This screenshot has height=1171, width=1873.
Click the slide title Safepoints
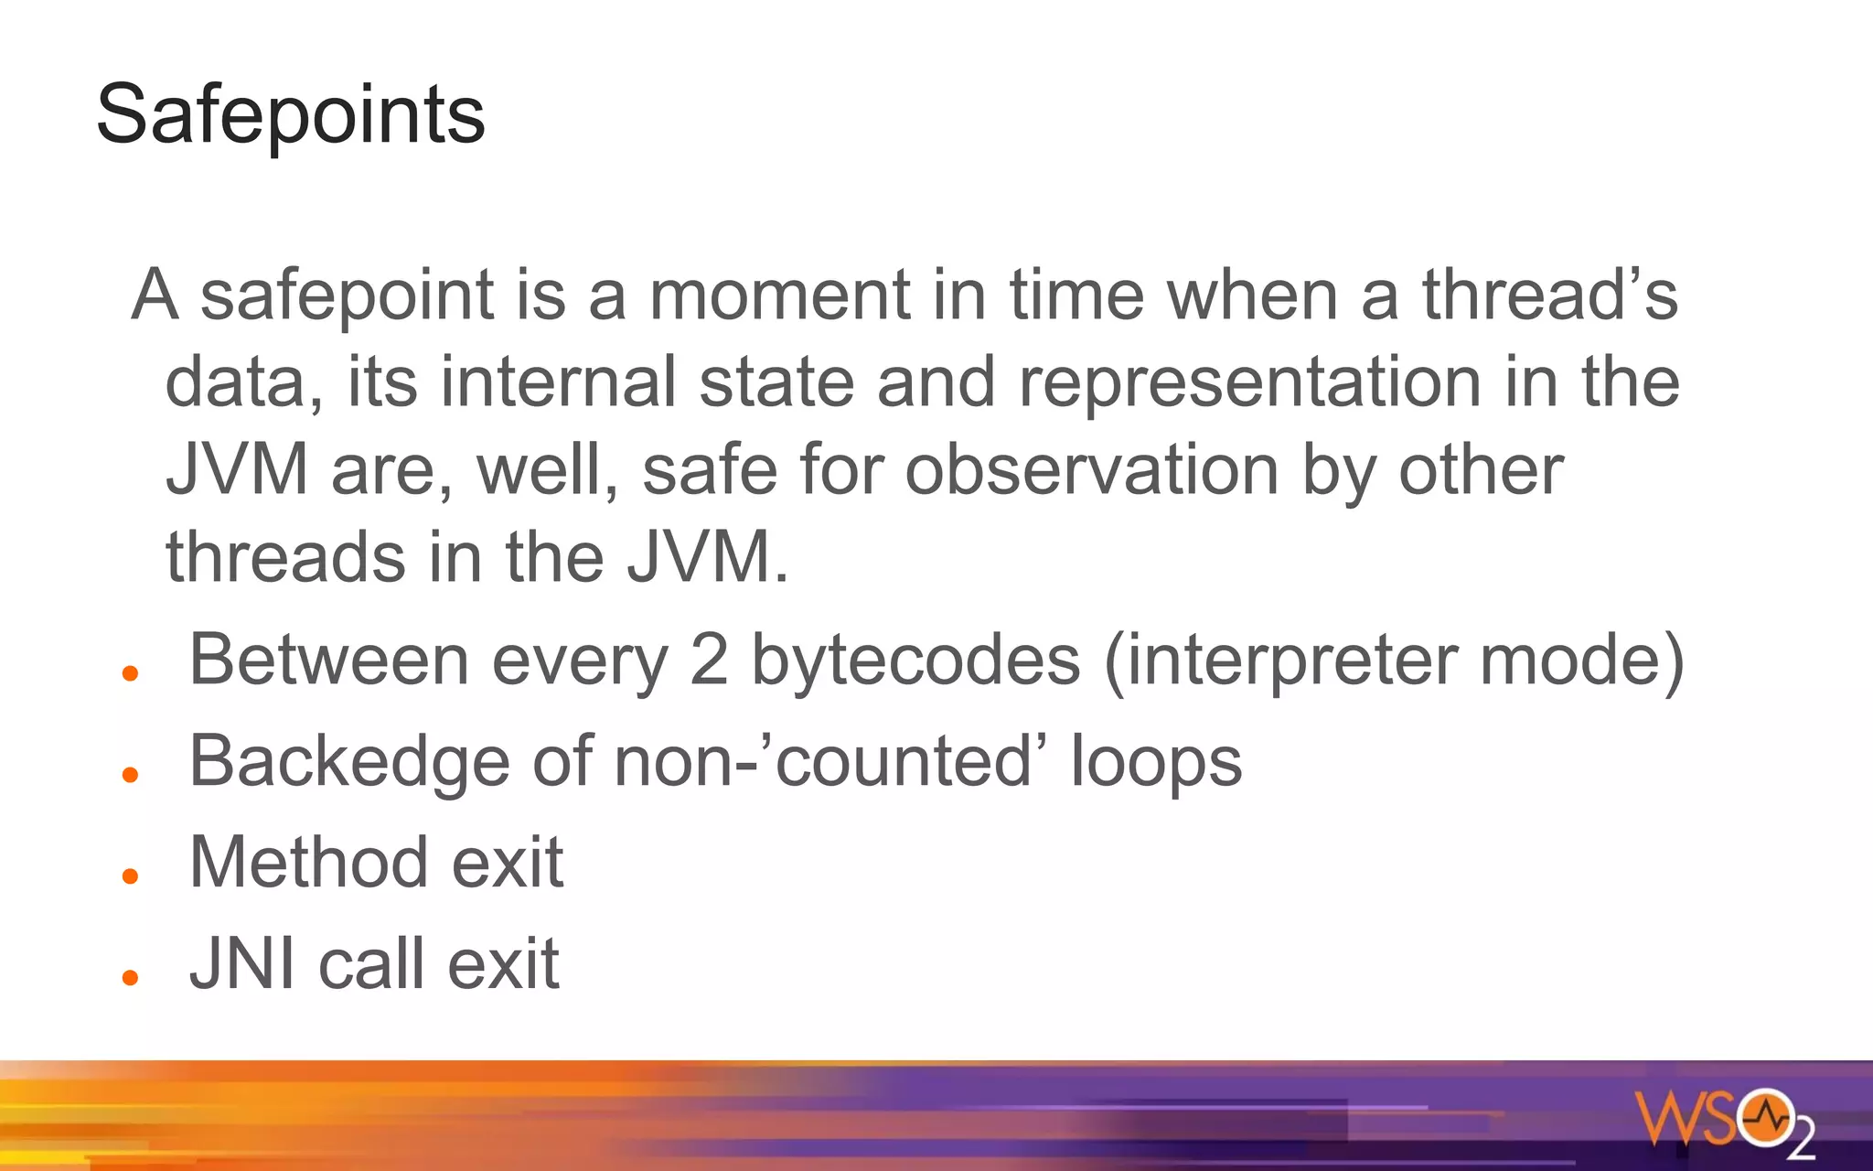coord(290,114)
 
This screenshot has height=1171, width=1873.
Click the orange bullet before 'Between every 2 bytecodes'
coord(130,674)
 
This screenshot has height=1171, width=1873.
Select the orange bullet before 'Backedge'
coord(130,775)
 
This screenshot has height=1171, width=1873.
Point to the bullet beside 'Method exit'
coord(130,876)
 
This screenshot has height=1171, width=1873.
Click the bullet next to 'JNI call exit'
coord(130,977)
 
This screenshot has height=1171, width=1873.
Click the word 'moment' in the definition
coord(779,295)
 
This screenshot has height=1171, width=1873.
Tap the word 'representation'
coord(1249,382)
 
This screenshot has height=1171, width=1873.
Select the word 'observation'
coord(1092,470)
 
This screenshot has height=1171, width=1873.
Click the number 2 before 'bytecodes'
coord(709,660)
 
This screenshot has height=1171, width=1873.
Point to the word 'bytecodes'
coord(915,660)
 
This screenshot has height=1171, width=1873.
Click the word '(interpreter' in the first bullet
coord(1280,660)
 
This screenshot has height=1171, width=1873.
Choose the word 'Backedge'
coord(349,761)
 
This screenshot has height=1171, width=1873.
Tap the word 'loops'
coord(1156,761)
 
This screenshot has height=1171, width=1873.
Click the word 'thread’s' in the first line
coord(1549,295)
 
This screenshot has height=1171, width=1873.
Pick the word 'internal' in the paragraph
coord(558,382)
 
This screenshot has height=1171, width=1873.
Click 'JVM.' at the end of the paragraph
coord(707,558)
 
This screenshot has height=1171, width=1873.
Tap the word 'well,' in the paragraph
coord(547,470)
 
